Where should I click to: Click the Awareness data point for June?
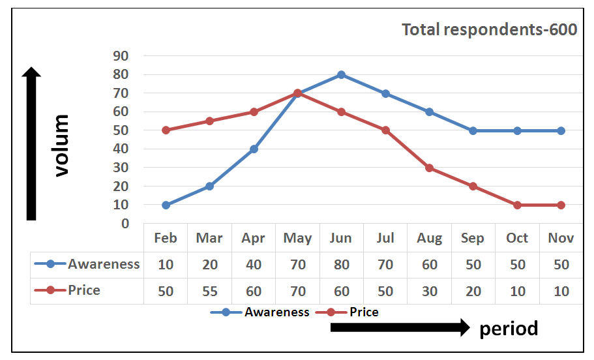click(341, 74)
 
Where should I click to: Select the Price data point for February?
click(166, 130)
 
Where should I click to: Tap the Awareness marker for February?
click(166, 205)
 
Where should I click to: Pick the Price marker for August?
click(429, 168)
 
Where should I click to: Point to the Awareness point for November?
click(561, 130)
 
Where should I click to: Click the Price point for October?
click(517, 205)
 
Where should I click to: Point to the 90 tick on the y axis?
click(121, 56)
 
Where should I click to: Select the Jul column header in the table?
click(385, 238)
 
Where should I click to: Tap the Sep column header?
click(473, 238)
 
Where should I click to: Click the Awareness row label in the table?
click(103, 264)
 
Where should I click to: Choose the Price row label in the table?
click(84, 290)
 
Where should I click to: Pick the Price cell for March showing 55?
click(209, 291)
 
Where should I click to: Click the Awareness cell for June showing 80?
click(341, 265)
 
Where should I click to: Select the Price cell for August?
click(429, 291)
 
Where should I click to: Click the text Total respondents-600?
click(489, 30)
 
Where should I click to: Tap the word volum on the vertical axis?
click(61, 145)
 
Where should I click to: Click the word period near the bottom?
click(509, 329)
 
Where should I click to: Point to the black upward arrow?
click(31, 143)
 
